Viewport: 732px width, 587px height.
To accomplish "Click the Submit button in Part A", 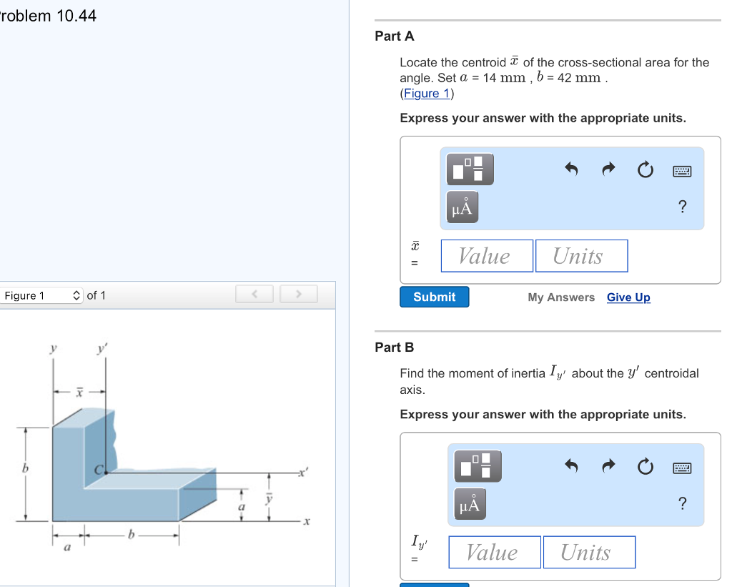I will (434, 297).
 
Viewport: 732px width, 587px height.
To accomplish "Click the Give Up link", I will (628, 297).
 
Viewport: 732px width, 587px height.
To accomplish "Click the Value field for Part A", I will (486, 256).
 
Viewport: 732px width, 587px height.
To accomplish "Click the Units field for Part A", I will (580, 256).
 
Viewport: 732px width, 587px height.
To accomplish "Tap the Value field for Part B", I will (494, 552).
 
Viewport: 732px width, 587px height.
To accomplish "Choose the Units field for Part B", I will (588, 552).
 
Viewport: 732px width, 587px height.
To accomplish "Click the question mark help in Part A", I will (682, 207).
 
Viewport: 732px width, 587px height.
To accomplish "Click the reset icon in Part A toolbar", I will (644, 170).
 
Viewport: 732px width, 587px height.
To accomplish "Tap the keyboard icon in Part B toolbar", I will (682, 468).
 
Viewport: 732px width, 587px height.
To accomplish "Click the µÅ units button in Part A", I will (463, 207).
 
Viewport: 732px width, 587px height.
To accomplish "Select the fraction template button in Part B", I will (474, 466).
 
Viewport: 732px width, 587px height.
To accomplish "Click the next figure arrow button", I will (299, 294).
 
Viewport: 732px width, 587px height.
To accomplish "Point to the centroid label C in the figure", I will (100, 469).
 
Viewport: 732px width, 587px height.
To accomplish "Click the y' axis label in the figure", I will (103, 349).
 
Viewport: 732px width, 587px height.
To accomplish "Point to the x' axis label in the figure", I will (303, 473).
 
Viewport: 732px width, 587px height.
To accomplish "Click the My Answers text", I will (561, 297).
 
